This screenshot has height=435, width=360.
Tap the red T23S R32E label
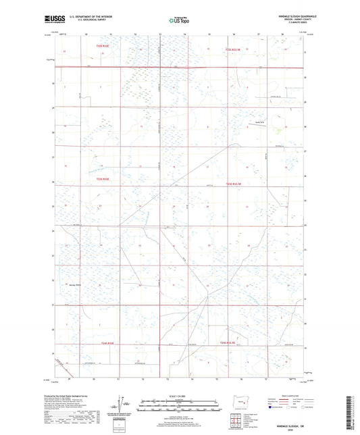(x=102, y=179)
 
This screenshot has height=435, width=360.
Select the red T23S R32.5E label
(x=233, y=183)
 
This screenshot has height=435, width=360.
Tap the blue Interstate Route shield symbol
(x=272, y=408)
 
